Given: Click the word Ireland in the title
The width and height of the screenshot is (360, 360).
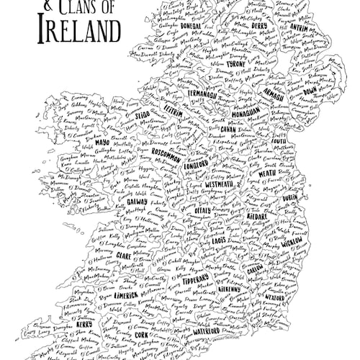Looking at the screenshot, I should [x=70, y=31].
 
